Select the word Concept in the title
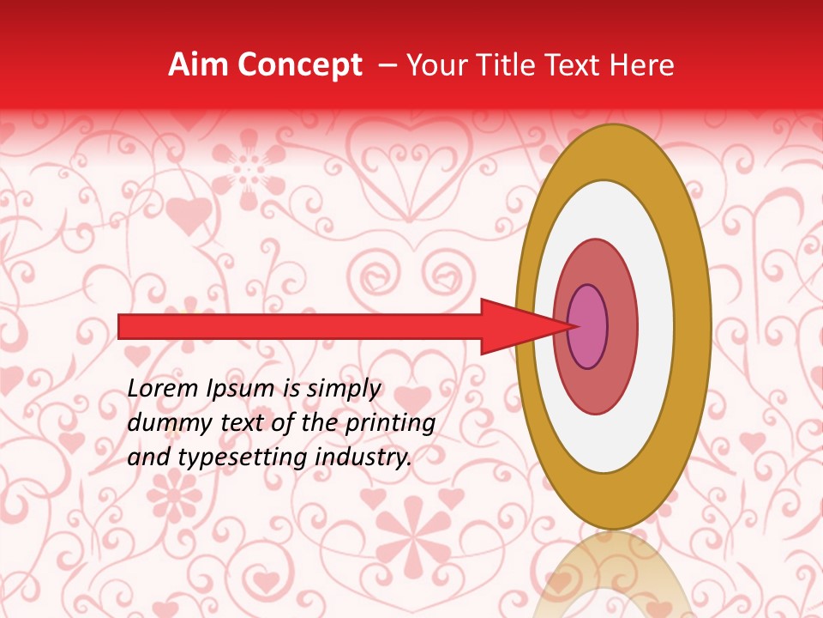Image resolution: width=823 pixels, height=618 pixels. (298, 66)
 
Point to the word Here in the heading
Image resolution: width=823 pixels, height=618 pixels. (644, 65)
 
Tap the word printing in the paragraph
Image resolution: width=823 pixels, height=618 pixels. (390, 424)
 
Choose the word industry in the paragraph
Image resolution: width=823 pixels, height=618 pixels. (364, 457)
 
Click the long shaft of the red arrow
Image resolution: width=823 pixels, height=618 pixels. (300, 326)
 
